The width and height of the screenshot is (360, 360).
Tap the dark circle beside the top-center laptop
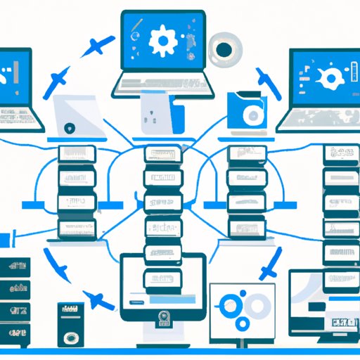coord(223,49)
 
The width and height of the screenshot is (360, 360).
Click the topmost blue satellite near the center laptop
coord(96,46)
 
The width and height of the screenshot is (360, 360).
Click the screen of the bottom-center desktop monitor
coord(163,281)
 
